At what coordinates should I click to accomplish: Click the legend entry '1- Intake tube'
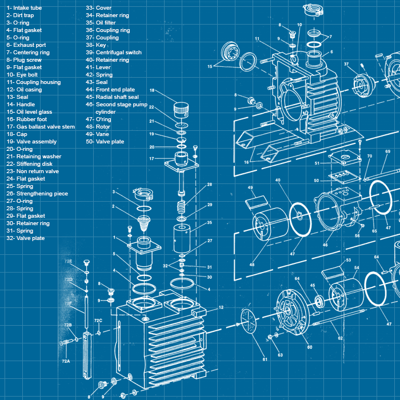pos(24,8)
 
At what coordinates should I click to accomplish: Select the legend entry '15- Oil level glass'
pos(29,112)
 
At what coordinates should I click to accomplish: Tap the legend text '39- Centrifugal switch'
pos(114,53)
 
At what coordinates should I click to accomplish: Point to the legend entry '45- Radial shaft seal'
pos(112,97)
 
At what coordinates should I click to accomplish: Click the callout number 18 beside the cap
pos(152,90)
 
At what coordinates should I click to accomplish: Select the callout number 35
pos(210,222)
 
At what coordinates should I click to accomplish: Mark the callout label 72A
pos(66,361)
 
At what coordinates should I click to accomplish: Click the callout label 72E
pos(68,261)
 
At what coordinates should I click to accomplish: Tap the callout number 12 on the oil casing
pos(221,307)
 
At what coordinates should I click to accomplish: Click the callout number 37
pos(346,64)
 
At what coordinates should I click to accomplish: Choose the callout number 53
pos(348,260)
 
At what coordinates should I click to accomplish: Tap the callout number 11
pos(258,39)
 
